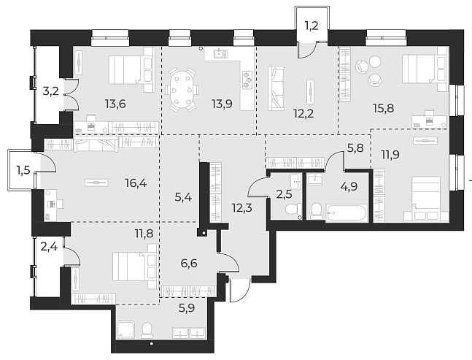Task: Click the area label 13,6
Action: pos(115,104)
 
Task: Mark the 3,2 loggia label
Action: pos(51,91)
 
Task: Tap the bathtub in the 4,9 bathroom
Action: pos(346,212)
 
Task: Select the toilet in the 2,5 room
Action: pos(292,210)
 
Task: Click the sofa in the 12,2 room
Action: pos(276,88)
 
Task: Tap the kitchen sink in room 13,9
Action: pos(221,53)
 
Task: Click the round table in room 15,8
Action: pos(364,66)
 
